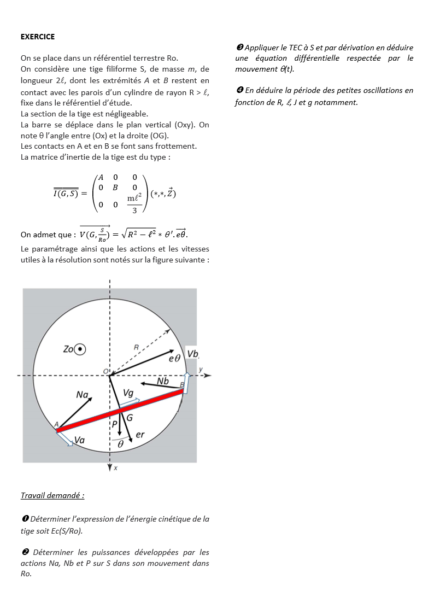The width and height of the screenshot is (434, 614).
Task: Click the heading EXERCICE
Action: [38, 37]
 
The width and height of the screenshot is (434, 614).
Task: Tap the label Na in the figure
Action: [83, 394]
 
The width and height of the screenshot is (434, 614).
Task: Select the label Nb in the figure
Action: [163, 381]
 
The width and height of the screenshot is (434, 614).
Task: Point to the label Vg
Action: [128, 393]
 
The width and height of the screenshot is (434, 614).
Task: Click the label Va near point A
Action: [79, 440]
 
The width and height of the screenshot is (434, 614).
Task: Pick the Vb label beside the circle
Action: [192, 354]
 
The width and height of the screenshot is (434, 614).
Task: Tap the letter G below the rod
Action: [130, 418]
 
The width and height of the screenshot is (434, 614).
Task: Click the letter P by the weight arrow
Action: [114, 424]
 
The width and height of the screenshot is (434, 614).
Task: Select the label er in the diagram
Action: [140, 435]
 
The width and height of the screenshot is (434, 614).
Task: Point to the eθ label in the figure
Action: [174, 359]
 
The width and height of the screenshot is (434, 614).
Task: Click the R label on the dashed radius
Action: [136, 347]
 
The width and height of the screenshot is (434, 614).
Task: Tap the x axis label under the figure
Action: [115, 469]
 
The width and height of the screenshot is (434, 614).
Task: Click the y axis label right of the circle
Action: [201, 370]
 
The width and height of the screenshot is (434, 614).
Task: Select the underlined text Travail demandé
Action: [52, 495]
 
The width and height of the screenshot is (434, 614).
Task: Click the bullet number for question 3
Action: [239, 48]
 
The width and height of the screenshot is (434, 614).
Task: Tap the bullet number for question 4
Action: [239, 90]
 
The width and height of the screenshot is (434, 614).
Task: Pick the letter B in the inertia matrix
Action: [115, 188]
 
